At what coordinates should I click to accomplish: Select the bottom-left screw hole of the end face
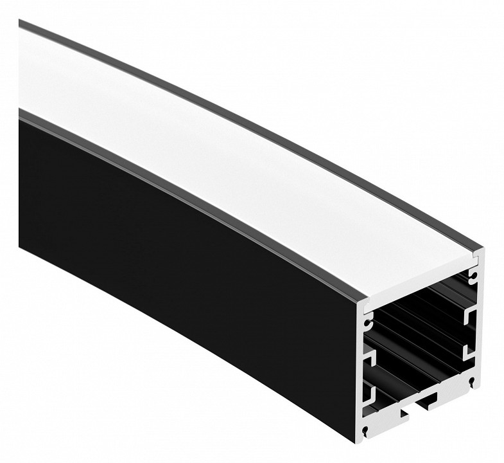point(366,430)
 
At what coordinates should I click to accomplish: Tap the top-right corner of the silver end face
point(480,252)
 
